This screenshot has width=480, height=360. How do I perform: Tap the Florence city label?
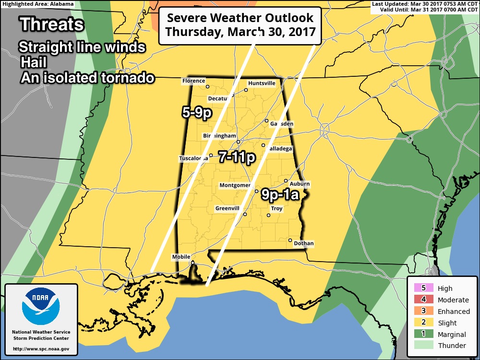pyautogui.click(x=193, y=81)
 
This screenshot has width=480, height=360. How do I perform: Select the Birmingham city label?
pyautogui.click(x=220, y=136)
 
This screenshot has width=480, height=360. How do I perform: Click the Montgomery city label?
pyautogui.click(x=235, y=185)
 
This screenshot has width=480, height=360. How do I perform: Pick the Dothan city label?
pyautogui.click(x=303, y=243)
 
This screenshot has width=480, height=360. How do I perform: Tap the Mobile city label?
pyautogui.click(x=181, y=257)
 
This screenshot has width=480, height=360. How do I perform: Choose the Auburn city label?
pyautogui.click(x=300, y=184)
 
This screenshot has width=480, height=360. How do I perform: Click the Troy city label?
pyautogui.click(x=276, y=209)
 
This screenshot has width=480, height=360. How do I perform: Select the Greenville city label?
pyautogui.click(x=228, y=208)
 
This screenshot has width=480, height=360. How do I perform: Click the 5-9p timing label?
pyautogui.click(x=197, y=113)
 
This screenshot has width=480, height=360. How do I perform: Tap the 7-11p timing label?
pyautogui.click(x=236, y=156)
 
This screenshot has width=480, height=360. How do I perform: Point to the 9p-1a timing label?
pyautogui.click(x=280, y=194)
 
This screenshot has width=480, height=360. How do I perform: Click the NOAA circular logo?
pyautogui.click(x=41, y=307)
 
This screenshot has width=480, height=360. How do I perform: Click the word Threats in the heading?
pyautogui.click(x=52, y=24)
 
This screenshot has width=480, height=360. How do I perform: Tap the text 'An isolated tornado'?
pyautogui.click(x=87, y=78)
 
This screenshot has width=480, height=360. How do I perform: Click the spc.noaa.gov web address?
pyautogui.click(x=41, y=348)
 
